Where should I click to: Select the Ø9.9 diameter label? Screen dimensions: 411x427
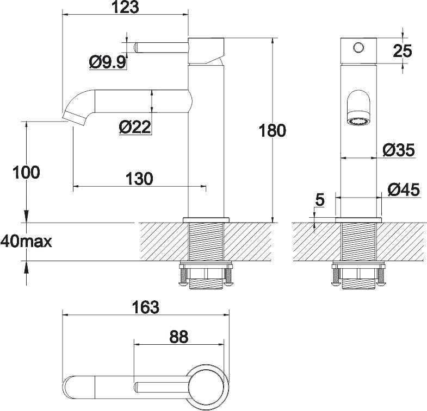coord(107,63)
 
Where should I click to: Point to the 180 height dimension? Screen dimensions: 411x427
coord(273,131)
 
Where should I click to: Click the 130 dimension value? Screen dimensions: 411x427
coord(139,178)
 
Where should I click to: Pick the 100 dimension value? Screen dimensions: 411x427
coord(27,173)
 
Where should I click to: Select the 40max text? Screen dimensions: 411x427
coord(26,241)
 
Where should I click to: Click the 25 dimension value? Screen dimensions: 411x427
coord(403,50)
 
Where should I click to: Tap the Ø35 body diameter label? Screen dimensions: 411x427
coord(399,149)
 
